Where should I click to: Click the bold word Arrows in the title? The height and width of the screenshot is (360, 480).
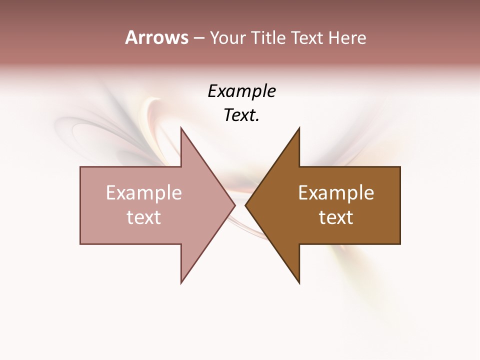pos(156,37)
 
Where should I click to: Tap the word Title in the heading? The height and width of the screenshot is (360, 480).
pos(268,38)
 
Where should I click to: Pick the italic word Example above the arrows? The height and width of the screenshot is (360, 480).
pos(241,91)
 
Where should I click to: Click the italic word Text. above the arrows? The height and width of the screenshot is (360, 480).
pos(241,115)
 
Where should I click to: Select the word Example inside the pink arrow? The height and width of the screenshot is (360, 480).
pos(144,193)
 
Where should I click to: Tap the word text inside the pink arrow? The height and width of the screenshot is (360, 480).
pos(144,217)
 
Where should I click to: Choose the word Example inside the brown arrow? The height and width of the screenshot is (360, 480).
pos(336,193)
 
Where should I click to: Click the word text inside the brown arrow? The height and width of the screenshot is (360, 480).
pos(336,217)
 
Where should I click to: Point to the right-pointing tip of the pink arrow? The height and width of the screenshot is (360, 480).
pos(234,205)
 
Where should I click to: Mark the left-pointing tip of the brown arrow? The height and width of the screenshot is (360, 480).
pos(245,205)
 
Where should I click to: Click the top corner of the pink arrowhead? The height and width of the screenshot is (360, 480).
pos(181,128)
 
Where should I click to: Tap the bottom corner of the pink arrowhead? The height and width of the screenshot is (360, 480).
pos(181,283)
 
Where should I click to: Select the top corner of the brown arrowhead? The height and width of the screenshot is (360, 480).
pos(299,128)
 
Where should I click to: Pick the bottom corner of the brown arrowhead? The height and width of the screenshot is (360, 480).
pos(299,283)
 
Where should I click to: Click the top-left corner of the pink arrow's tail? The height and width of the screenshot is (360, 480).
pos(80,167)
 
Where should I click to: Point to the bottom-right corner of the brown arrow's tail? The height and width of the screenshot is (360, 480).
pos(400,243)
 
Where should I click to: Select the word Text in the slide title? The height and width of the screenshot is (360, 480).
pos(307,38)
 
